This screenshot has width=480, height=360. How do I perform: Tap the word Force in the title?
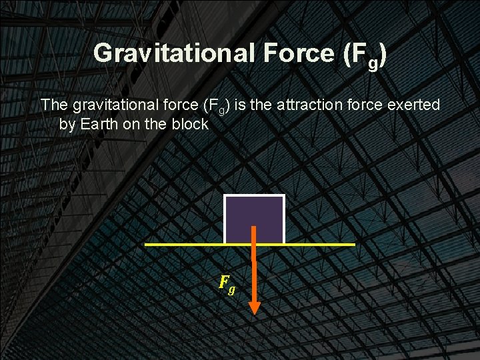(296, 53)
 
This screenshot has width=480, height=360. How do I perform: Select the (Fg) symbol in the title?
(365, 55)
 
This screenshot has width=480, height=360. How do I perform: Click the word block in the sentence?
(192, 124)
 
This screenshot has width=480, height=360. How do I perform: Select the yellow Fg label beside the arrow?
(227, 285)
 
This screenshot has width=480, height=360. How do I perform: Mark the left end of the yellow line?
(147, 245)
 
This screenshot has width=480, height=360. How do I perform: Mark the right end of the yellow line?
(353, 245)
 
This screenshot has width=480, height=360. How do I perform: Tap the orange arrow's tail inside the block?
(254, 229)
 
